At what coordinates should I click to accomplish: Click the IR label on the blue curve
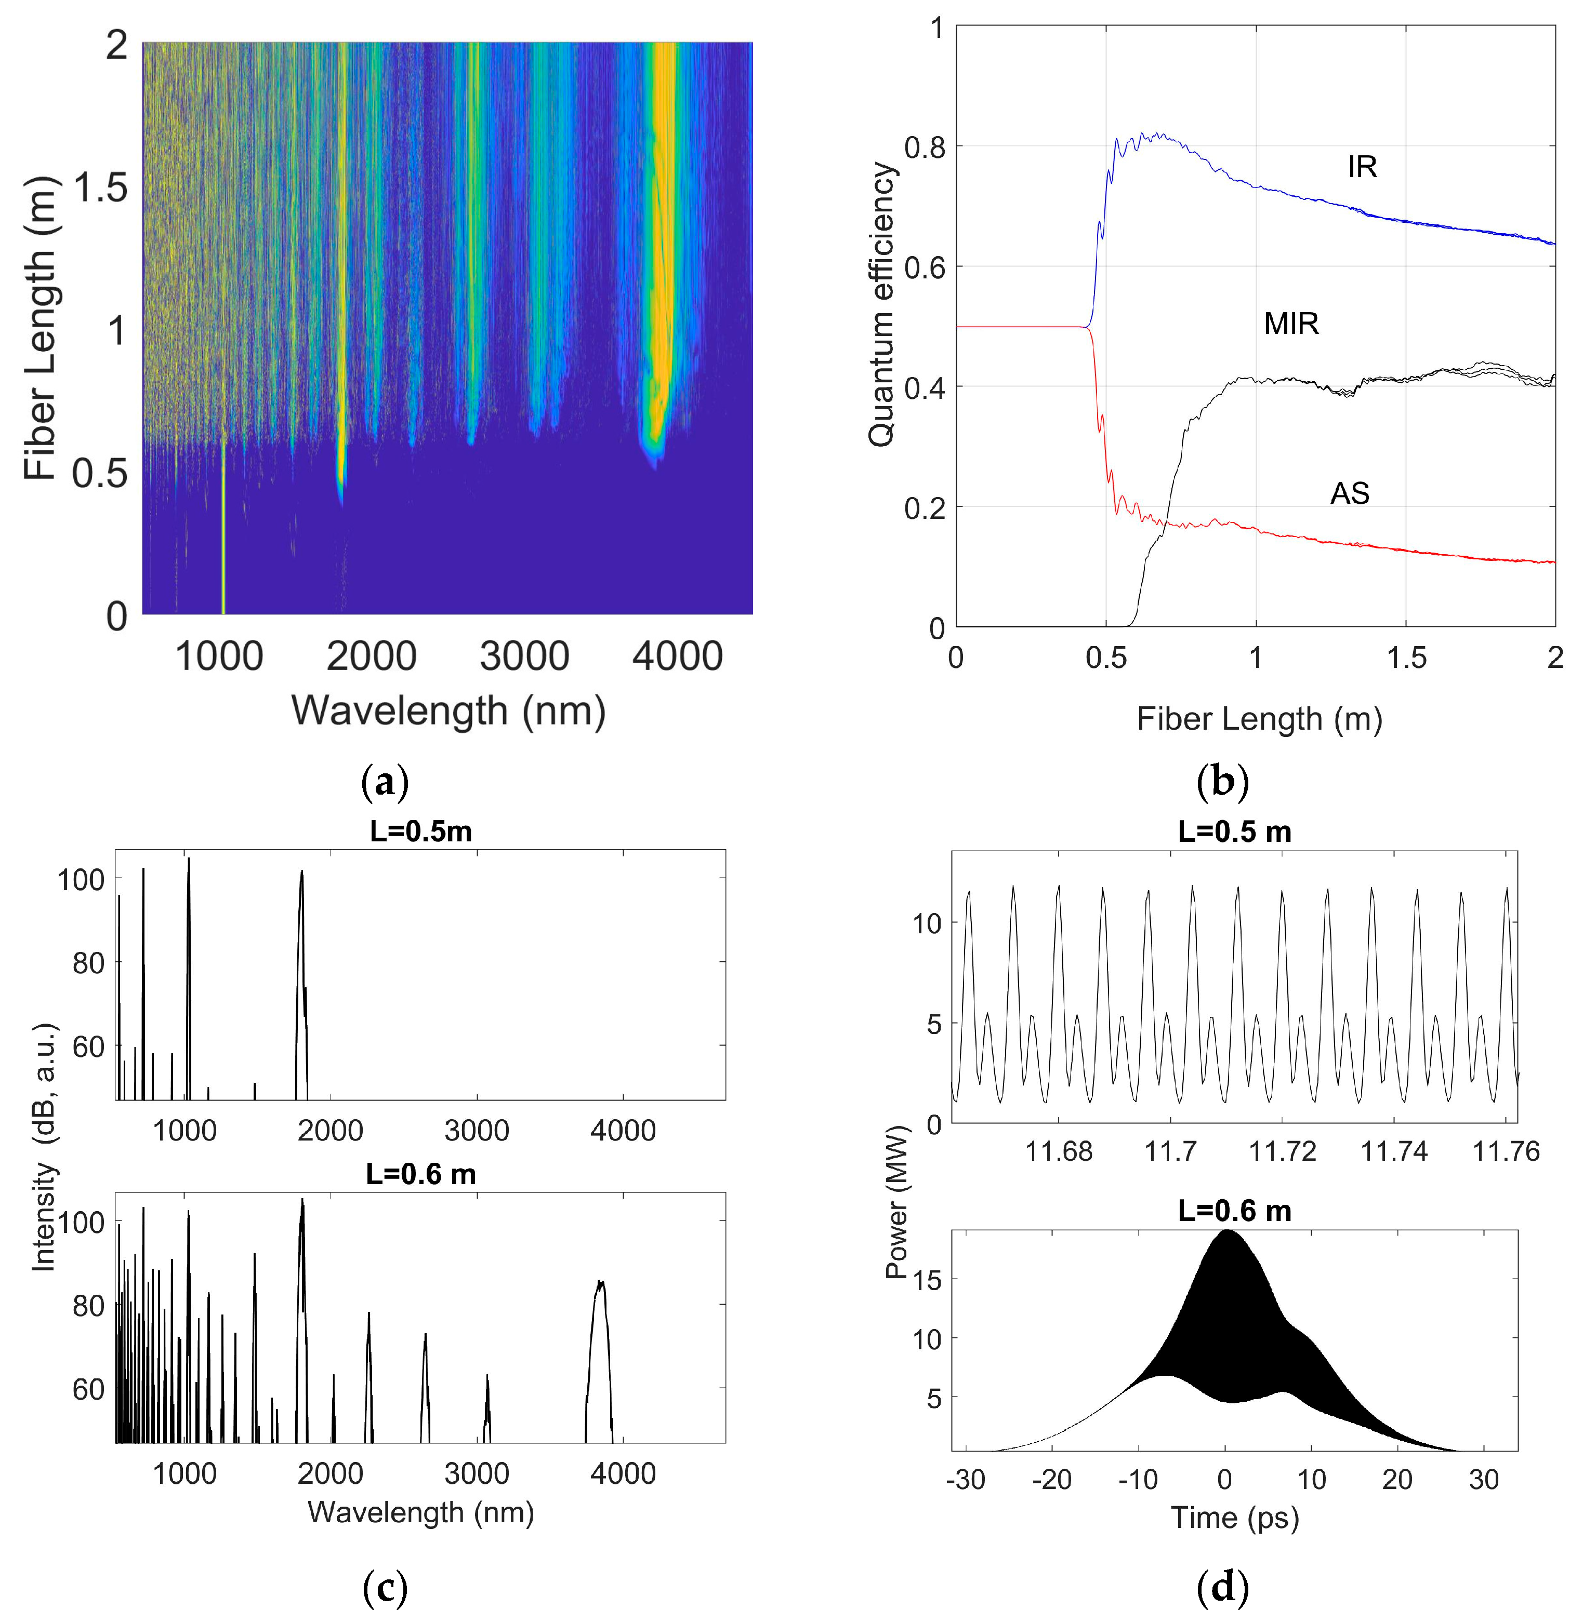(x=1362, y=167)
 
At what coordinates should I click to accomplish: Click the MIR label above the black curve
(x=1290, y=323)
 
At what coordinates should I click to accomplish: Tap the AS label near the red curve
(x=1349, y=493)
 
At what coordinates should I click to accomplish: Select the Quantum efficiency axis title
(x=882, y=304)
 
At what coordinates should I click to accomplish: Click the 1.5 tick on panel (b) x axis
(x=1405, y=658)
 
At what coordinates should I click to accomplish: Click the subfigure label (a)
(x=386, y=782)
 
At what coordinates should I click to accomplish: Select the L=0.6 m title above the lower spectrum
(x=420, y=1174)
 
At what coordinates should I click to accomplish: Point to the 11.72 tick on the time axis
(x=1283, y=1151)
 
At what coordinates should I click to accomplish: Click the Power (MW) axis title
(x=896, y=1202)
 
